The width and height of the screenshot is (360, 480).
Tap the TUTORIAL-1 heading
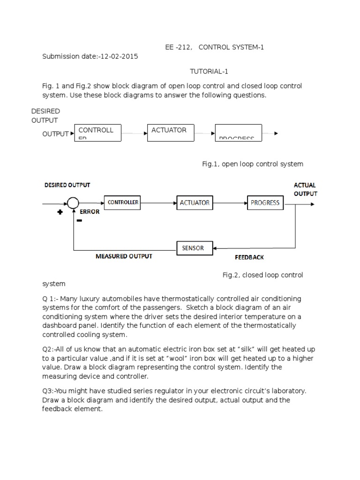pyautogui.click(x=209, y=71)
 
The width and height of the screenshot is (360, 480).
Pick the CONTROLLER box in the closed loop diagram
pyautogui.click(x=123, y=202)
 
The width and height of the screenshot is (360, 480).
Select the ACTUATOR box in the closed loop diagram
pyautogui.click(x=195, y=203)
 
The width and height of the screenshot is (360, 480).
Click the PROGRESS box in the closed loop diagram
pyautogui.click(x=265, y=203)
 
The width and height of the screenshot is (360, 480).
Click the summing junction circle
pyautogui.click(x=73, y=203)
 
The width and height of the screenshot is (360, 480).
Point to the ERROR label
pyautogui.click(x=89, y=212)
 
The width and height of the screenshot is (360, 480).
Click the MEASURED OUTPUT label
pyautogui.click(x=124, y=256)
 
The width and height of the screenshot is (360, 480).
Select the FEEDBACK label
pyautogui.click(x=249, y=257)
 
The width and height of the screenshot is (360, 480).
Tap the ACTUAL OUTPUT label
pyautogui.click(x=305, y=189)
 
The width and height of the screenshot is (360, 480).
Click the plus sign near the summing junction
pyautogui.click(x=60, y=212)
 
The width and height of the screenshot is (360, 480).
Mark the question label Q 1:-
pyautogui.click(x=52, y=299)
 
